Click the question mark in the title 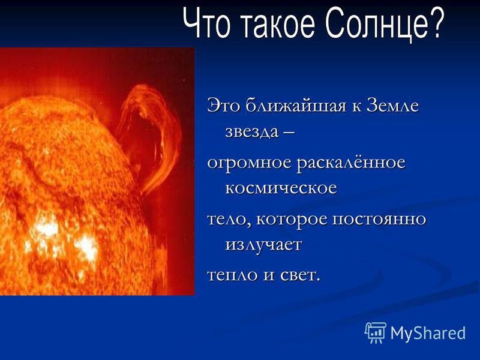click(434, 22)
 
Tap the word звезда click(251, 132)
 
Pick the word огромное click(249, 163)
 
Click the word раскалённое click(351, 162)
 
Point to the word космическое click(281, 188)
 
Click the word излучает click(263, 245)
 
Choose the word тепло click(232, 275)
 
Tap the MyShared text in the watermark click(428, 334)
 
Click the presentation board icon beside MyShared click(376, 332)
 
